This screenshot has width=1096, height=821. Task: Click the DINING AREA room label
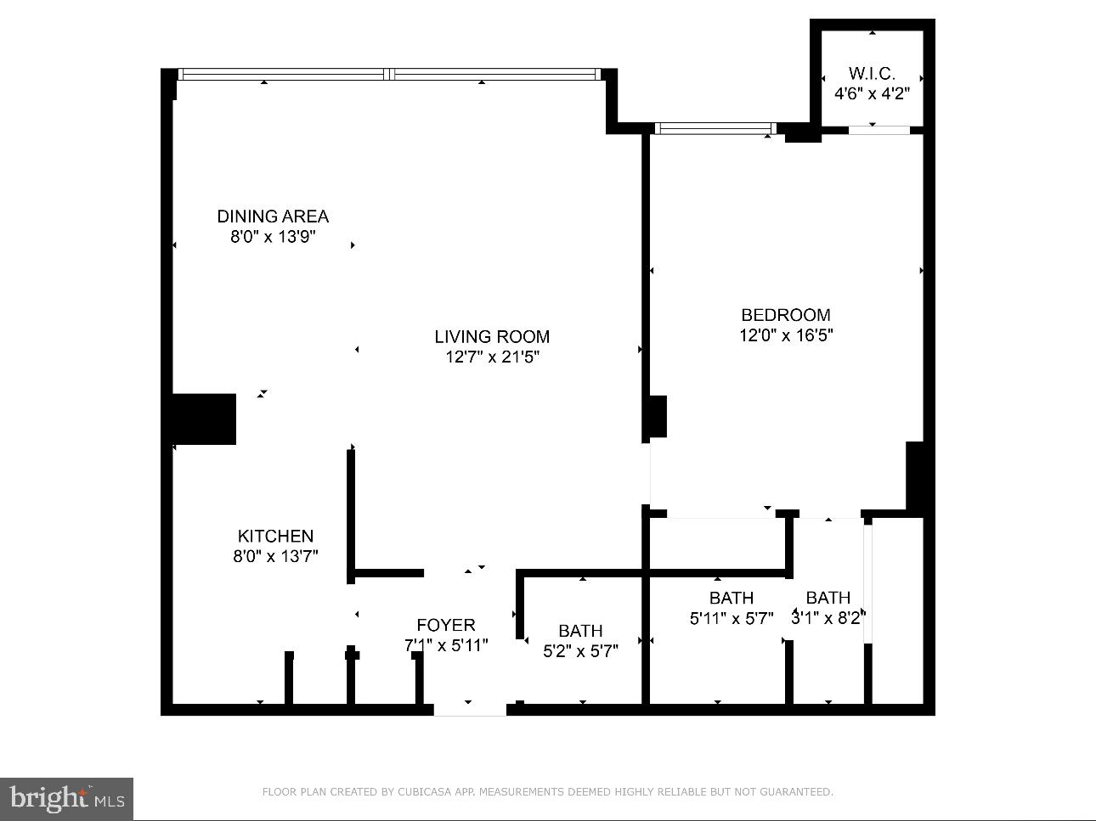tap(273, 216)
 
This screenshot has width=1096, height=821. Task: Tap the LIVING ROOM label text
tap(492, 337)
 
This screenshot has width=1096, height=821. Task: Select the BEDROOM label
tap(786, 315)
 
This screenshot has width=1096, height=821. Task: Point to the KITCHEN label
tap(275, 537)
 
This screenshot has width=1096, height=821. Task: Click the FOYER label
tap(446, 626)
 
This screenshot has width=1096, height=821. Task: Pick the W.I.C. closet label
tap(872, 74)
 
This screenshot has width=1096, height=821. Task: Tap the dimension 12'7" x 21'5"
tap(493, 357)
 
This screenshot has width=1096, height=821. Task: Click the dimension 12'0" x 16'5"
tap(786, 335)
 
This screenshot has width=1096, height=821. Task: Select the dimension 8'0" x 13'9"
tap(273, 237)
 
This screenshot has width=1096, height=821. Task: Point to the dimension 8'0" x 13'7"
tap(275, 557)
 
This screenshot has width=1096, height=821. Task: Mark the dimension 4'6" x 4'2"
tap(872, 94)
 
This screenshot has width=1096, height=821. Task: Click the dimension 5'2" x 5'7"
tap(580, 652)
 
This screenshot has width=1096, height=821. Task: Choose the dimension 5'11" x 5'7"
tap(732, 619)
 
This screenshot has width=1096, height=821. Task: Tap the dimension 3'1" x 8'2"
tap(828, 619)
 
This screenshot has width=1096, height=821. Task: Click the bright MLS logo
tap(66, 799)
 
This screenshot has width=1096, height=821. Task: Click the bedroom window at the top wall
tap(715, 129)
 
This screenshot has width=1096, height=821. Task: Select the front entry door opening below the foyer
tap(470, 710)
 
